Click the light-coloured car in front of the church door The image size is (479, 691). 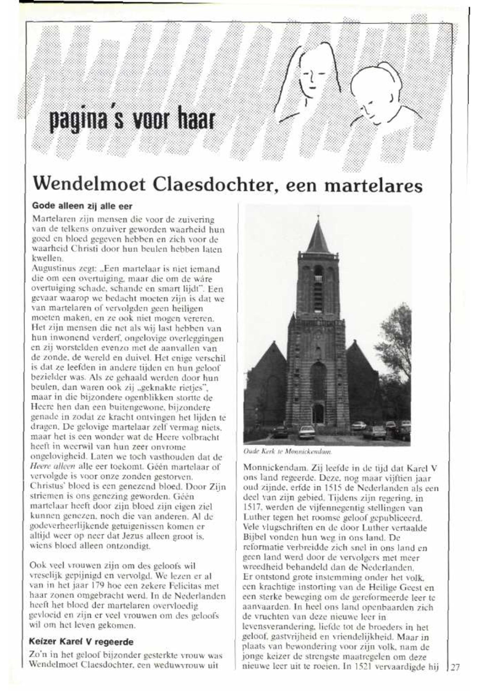click(x=307, y=431)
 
